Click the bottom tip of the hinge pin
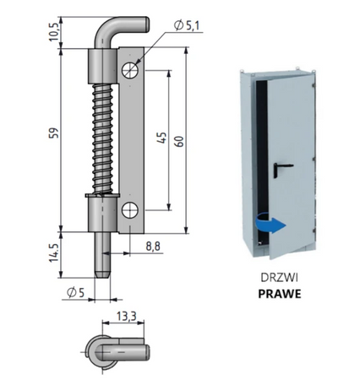click(101, 272)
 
